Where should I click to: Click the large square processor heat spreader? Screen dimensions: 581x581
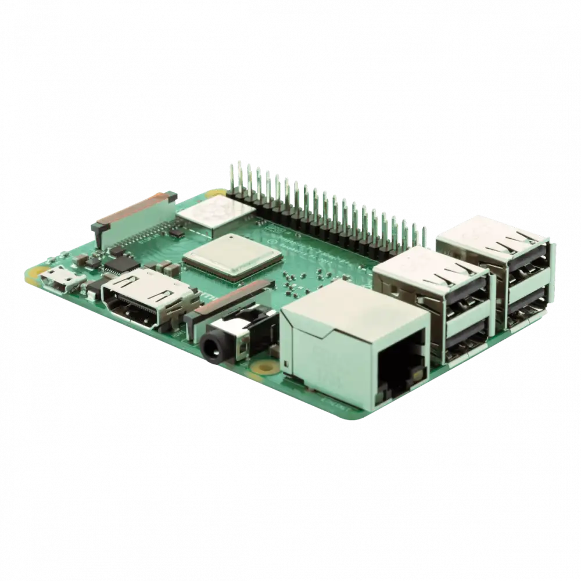[x=232, y=257]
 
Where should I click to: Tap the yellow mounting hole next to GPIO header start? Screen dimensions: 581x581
[x=217, y=192]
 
